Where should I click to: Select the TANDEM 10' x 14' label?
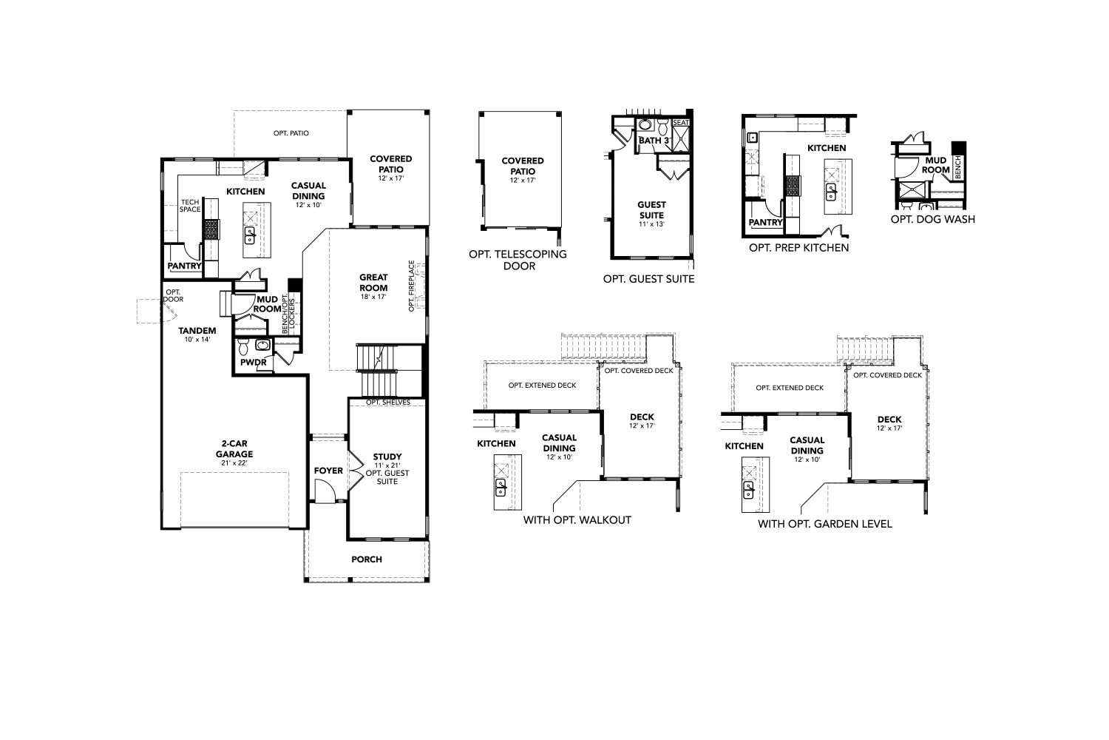click(x=197, y=334)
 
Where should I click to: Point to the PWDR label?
click(x=254, y=363)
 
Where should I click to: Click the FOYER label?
click(x=328, y=471)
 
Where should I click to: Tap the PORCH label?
click(x=367, y=559)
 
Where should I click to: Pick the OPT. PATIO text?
click(x=291, y=133)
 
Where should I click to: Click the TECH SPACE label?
click(x=190, y=206)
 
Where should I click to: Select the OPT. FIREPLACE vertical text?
click(x=411, y=286)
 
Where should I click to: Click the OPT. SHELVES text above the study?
click(x=388, y=402)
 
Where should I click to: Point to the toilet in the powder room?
click(x=243, y=346)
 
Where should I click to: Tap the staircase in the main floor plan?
click(x=377, y=370)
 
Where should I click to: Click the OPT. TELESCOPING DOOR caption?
click(x=518, y=260)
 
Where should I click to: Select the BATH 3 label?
click(x=654, y=141)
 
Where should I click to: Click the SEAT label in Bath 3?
click(x=681, y=122)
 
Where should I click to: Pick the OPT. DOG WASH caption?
click(x=933, y=219)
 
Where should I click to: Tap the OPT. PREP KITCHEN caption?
click(x=798, y=247)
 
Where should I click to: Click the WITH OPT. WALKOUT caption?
click(x=577, y=520)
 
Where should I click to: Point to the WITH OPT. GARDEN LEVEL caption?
click(x=825, y=523)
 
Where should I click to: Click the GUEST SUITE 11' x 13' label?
click(x=651, y=213)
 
